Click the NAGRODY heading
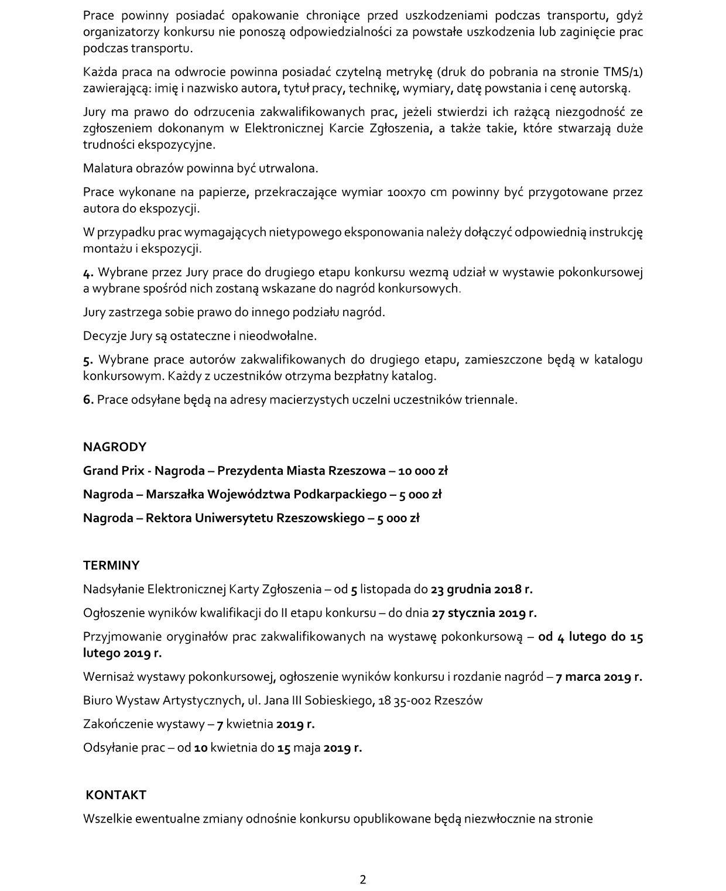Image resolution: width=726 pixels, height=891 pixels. click(x=114, y=447)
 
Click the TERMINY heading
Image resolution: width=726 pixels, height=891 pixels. click(x=111, y=566)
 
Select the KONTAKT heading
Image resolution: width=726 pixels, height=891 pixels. click(x=116, y=795)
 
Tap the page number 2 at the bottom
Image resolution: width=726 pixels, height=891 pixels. click(x=363, y=879)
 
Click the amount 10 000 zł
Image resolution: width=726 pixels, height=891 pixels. click(x=423, y=471)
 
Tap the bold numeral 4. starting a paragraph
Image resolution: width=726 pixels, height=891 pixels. click(x=88, y=273)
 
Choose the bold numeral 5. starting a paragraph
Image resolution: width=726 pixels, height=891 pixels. click(x=88, y=360)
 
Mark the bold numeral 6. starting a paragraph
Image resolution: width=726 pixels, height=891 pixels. click(x=88, y=400)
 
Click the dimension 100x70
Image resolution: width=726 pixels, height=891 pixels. click(x=407, y=193)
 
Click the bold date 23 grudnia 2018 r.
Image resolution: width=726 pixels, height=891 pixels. click(x=481, y=590)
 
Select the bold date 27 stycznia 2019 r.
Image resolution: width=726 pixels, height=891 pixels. click(x=484, y=614)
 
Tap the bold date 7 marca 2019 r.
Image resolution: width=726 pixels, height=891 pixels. click(x=598, y=677)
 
